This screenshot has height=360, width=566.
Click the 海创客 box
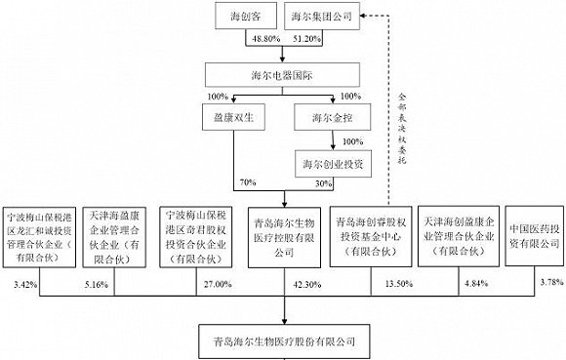coord(246,16)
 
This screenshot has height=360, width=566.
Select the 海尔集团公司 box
coord(322,16)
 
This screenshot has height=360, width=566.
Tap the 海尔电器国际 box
coord(282,75)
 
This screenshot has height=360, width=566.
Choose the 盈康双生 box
coord(233,117)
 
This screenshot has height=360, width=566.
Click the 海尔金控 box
coord(333,117)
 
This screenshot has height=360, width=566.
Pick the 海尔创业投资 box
coord(333,164)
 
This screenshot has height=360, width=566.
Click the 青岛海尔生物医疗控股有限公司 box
coord(284,237)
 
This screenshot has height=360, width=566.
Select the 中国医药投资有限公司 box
coord(534,236)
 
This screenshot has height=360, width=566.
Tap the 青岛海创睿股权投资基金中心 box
coord(371,236)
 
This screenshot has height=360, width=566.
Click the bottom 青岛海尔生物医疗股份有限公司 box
coord(284,341)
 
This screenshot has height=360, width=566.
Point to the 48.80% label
coord(266,39)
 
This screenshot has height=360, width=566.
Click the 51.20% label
coord(306,39)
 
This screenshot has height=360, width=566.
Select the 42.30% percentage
coord(307,285)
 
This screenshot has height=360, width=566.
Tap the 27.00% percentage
coord(218,284)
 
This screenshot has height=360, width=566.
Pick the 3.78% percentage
coord(552,282)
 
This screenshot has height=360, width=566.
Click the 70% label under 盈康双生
coord(248,182)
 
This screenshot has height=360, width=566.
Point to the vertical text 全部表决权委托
coord(402,129)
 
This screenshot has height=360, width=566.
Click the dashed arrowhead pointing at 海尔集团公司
coord(363,16)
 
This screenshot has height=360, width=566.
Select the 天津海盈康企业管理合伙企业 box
coord(114,237)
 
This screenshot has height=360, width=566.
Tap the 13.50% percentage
coord(399,284)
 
